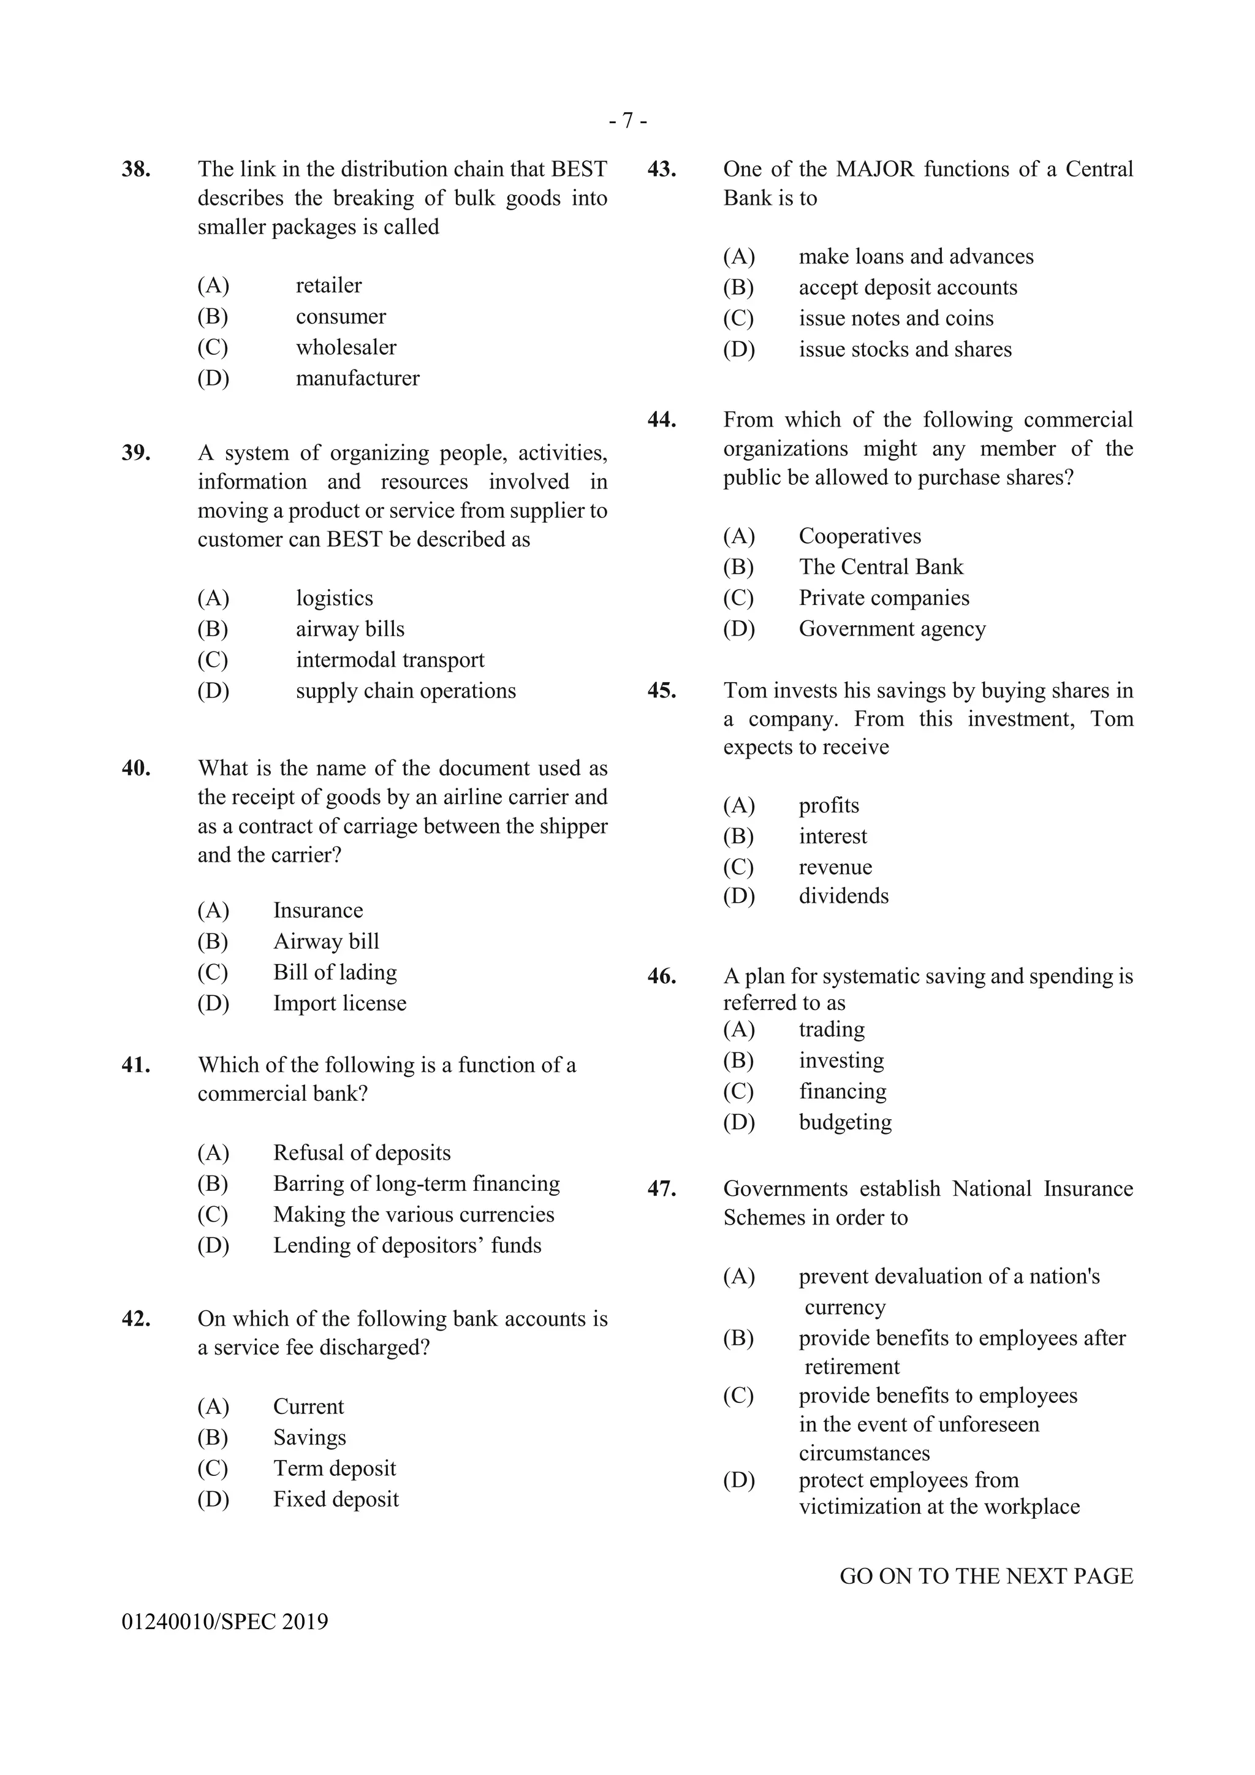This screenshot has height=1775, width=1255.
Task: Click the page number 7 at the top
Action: point(627,121)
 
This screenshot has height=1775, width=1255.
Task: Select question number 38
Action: point(135,169)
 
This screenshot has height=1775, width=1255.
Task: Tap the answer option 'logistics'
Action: point(334,598)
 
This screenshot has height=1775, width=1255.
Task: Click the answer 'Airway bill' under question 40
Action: point(326,941)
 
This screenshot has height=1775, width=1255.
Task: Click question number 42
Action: point(135,1319)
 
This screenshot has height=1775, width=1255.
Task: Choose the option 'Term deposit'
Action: point(334,1468)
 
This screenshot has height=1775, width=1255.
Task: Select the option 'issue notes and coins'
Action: point(896,319)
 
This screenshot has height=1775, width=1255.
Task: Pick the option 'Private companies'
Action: point(883,598)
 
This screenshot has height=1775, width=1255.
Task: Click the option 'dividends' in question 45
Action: point(843,896)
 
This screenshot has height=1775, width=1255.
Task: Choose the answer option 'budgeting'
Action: point(844,1122)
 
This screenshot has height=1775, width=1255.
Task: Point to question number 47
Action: point(661,1189)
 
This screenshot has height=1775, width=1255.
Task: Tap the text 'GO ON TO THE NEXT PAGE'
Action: point(985,1576)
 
